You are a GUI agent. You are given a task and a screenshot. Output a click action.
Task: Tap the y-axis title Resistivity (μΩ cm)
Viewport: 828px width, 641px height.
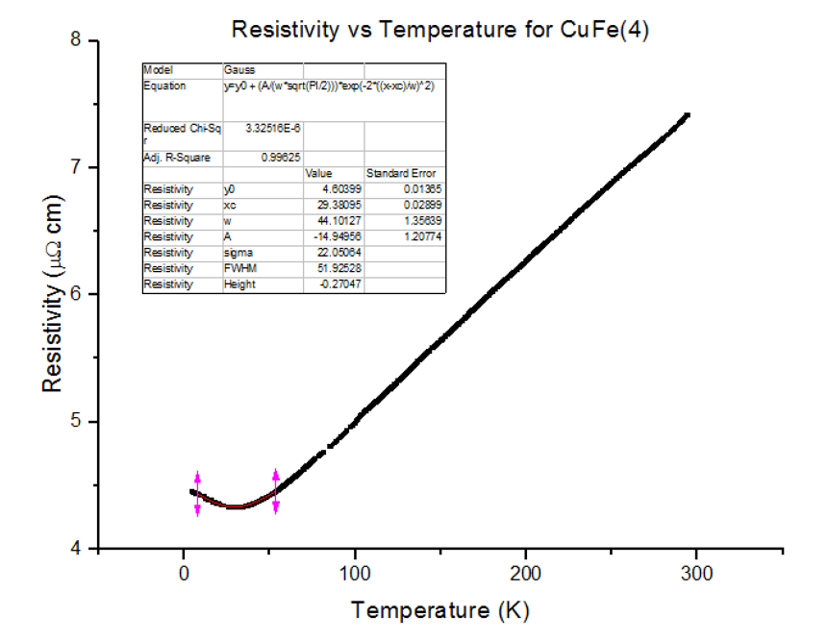(55, 294)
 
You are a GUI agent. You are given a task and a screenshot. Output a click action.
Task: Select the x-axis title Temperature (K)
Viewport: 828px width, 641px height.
(439, 610)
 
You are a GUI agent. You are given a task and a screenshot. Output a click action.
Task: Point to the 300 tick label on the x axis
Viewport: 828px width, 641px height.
(695, 574)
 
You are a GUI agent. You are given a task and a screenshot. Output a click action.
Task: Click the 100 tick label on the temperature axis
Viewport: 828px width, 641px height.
(355, 574)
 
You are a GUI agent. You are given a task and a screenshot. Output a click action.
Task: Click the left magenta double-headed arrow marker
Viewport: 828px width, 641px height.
(197, 494)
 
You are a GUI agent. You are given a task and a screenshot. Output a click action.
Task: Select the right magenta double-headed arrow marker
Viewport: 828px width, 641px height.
(276, 491)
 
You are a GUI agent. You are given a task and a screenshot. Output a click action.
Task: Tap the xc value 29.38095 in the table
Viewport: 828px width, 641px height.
(339, 206)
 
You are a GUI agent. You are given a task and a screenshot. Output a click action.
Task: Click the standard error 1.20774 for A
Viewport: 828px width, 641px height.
(420, 237)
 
